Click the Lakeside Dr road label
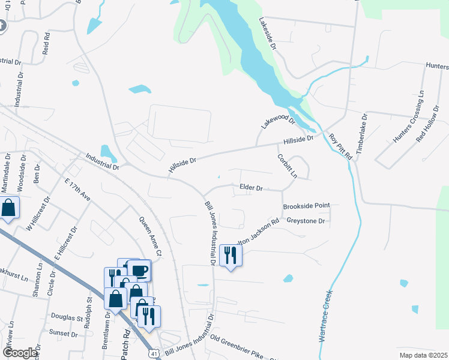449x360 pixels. pyautogui.click(x=268, y=34)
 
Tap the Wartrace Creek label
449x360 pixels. pyautogui.click(x=325, y=316)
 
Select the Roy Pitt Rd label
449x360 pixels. pyautogui.click(x=340, y=146)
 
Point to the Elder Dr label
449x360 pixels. pyautogui.click(x=252, y=188)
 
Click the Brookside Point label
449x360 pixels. pyautogui.click(x=306, y=205)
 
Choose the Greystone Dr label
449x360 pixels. pyautogui.click(x=306, y=221)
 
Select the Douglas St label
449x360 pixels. pyautogui.click(x=67, y=317)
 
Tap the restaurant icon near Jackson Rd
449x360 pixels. pyautogui.click(x=231, y=256)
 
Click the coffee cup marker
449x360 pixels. pyautogui.click(x=139, y=270)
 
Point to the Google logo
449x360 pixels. pyautogui.click(x=20, y=353)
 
